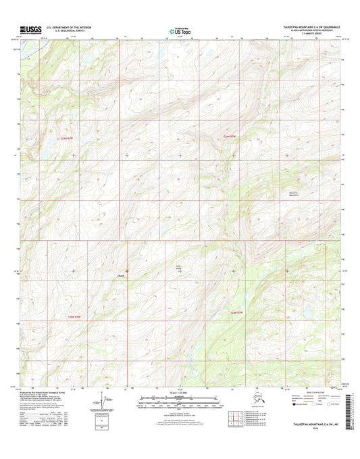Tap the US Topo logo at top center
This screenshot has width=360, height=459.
tap(180, 30)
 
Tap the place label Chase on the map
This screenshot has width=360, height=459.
tap(121, 275)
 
